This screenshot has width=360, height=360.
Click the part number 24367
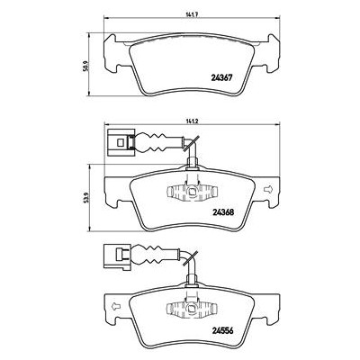point(220,77)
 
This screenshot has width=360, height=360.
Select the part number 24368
point(223,212)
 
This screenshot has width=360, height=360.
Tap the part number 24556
point(222,330)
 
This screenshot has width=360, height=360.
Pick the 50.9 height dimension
point(85,66)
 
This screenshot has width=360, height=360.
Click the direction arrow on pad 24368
point(267,189)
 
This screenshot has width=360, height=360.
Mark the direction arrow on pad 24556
point(116,306)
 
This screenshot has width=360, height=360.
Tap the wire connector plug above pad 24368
point(121,142)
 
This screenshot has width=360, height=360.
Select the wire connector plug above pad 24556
point(117,256)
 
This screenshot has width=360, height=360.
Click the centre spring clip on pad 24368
point(192,191)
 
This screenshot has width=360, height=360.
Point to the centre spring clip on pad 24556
point(192,309)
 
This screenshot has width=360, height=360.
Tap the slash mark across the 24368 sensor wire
point(191,143)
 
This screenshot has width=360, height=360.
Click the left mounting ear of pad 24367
point(110,53)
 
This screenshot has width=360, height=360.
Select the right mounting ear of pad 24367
point(274,53)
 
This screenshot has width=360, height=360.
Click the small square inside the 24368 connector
point(121,142)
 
